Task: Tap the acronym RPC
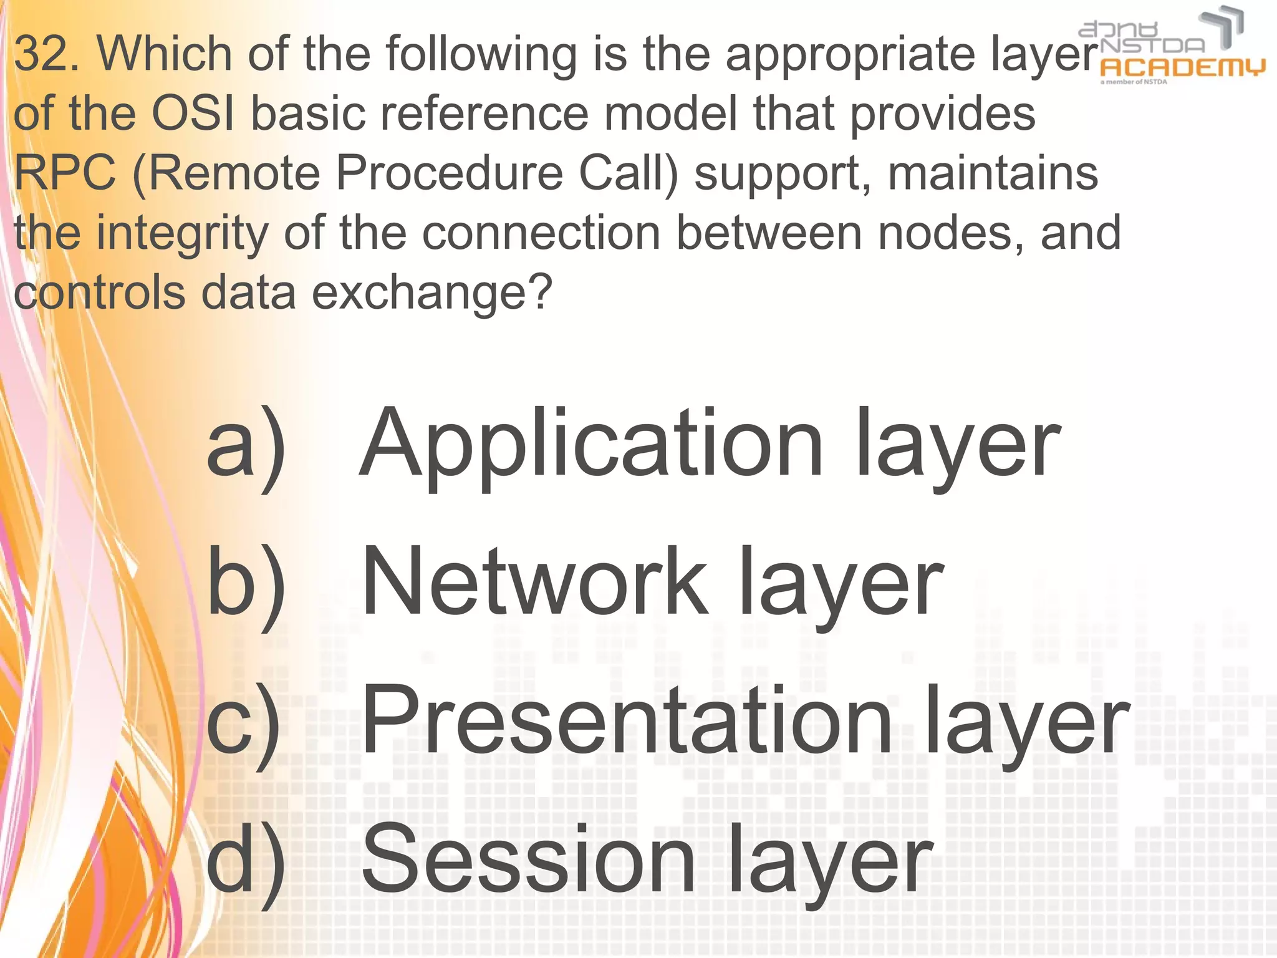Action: pos(64,173)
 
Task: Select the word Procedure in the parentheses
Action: pos(450,173)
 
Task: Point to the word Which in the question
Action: pos(165,54)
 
